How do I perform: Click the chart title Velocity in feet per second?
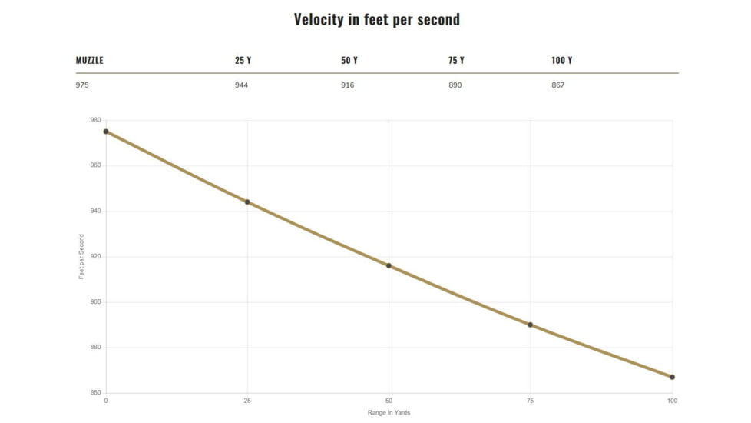376,19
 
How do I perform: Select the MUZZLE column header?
89,61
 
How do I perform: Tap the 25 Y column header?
243,61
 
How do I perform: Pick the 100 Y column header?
561,61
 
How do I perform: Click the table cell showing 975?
82,85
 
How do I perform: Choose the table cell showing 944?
241,85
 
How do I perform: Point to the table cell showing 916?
347,85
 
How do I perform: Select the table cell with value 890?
455,85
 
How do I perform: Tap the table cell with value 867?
557,85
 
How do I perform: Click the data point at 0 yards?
106,132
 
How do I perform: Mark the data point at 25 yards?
247,202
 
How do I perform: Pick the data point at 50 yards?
389,266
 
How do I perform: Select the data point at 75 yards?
530,325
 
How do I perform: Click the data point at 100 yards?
672,377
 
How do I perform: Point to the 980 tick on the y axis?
95,120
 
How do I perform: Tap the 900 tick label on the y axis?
95,302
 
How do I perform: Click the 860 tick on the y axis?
95,393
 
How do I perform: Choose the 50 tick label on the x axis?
389,401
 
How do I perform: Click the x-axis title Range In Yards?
389,414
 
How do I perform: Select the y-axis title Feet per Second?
81,257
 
